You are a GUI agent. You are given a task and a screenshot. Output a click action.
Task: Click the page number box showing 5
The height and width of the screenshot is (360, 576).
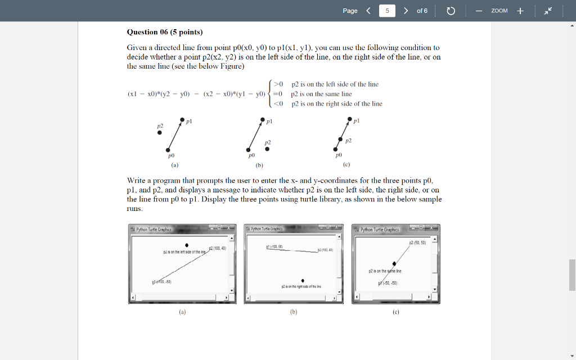(x=387, y=11)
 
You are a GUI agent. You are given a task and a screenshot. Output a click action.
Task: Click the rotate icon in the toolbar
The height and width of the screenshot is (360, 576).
(x=451, y=11)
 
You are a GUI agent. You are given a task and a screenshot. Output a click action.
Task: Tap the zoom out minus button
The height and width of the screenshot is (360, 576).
(x=479, y=11)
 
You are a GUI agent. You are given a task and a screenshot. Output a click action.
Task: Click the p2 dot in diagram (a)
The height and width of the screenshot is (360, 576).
(x=160, y=133)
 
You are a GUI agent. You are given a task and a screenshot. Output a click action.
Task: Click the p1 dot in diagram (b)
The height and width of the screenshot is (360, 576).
(x=263, y=120)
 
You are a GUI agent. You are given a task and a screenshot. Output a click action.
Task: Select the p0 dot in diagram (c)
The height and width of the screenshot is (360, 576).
(x=336, y=149)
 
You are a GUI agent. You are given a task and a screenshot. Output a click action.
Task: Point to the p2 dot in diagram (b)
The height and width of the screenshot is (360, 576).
(x=267, y=149)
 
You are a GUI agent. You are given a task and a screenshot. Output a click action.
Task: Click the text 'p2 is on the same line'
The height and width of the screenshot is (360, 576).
(x=321, y=94)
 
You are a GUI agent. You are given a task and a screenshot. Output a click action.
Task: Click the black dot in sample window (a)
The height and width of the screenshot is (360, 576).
(x=187, y=245)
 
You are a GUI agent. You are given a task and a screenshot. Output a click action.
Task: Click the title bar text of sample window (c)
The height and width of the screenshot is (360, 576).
(x=380, y=229)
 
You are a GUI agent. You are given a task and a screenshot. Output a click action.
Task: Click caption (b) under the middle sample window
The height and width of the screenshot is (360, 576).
(x=294, y=311)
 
